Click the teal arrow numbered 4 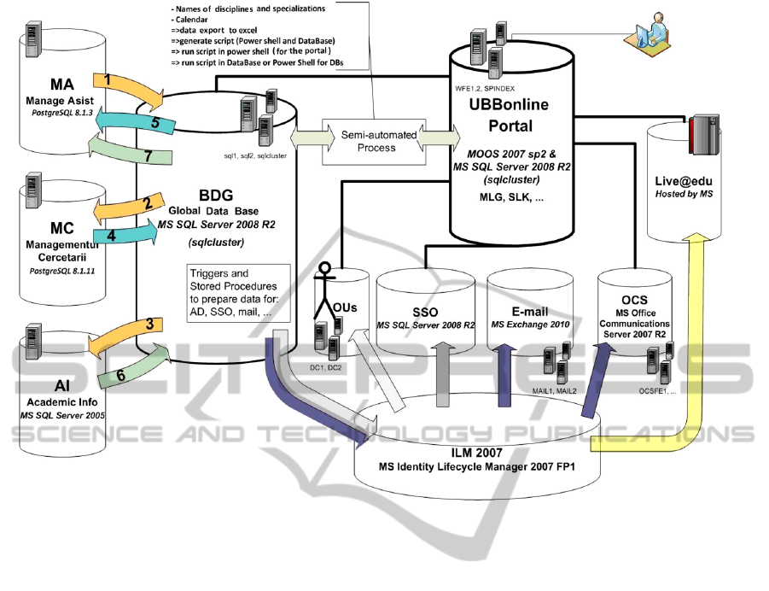pos(124,236)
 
